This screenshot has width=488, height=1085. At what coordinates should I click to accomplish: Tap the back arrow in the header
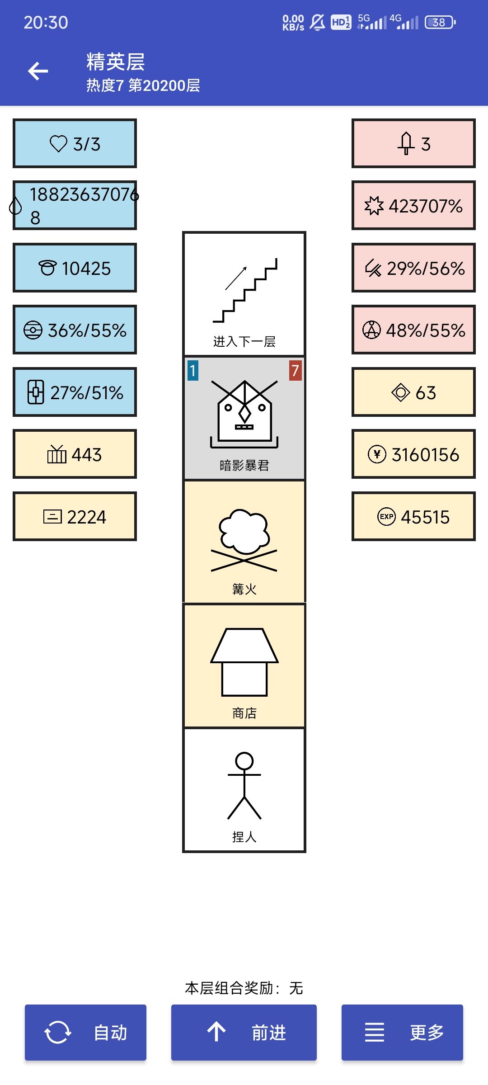click(x=38, y=71)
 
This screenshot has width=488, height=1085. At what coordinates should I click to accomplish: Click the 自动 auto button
click(x=85, y=1033)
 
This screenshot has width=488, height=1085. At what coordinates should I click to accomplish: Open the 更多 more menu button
click(x=402, y=1033)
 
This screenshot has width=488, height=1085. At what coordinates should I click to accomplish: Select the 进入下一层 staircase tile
click(x=244, y=294)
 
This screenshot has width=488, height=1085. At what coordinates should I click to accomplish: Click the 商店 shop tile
click(x=244, y=665)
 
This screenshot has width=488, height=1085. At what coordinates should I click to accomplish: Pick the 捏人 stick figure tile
click(x=244, y=790)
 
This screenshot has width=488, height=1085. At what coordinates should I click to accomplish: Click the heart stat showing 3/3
click(x=75, y=144)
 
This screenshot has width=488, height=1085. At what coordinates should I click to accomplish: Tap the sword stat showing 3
click(x=413, y=144)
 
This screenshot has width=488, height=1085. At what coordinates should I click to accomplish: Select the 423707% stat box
click(x=413, y=206)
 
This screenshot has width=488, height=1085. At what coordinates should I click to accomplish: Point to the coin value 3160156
click(x=413, y=454)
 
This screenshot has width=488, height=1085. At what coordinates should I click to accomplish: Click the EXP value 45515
click(x=413, y=517)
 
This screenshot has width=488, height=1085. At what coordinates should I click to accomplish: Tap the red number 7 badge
click(x=295, y=371)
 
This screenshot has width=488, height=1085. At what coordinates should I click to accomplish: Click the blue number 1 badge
click(x=193, y=371)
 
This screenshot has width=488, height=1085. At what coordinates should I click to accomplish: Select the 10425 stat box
click(x=75, y=268)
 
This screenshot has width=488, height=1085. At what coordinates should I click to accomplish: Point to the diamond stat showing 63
click(x=413, y=392)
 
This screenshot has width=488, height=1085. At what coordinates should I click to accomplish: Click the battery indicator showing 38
click(x=440, y=22)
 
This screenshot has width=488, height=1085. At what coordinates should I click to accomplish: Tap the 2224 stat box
click(x=75, y=517)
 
